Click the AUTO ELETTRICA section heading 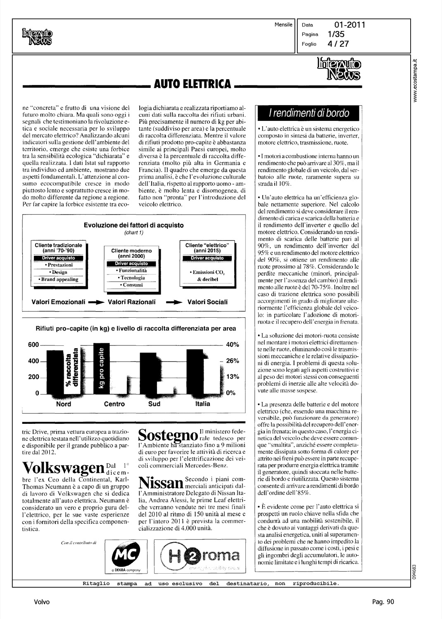(192, 84)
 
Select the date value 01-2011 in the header (350, 25)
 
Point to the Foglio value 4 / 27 (338, 44)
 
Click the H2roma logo (201, 556)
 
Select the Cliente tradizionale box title (58, 248)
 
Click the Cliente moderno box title (131, 253)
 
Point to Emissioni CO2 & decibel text (207, 276)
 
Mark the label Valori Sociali (207, 302)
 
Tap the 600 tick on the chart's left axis (33, 345)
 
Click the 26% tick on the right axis (233, 361)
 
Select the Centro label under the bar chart (114, 404)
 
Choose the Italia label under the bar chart (202, 404)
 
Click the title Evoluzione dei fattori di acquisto (134, 225)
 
